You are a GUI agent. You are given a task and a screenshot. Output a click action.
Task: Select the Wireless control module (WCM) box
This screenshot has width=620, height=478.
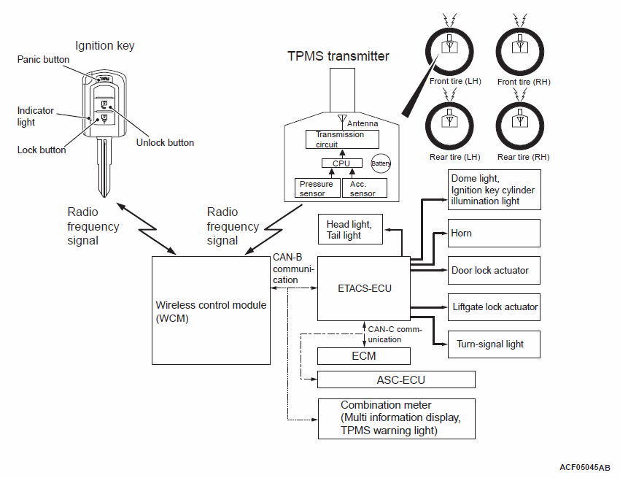coord(210,310)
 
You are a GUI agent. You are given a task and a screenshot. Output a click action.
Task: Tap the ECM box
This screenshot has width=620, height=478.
coord(363,356)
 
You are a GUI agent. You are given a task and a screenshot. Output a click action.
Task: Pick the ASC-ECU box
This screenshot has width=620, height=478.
coord(396,379)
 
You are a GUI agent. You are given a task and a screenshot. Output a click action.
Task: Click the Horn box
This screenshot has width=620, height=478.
coord(494,234)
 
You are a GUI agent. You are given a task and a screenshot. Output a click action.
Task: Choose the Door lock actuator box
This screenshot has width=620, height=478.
coord(494,271)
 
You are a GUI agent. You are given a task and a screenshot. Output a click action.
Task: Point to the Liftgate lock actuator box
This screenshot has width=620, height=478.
coord(494,307)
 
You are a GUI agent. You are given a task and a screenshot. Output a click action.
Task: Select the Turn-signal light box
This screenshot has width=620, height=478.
coord(494,344)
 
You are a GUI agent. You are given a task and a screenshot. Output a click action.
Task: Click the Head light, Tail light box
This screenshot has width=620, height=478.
coord(352,230)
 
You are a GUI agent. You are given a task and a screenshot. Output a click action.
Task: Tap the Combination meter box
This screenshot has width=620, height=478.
coord(396,418)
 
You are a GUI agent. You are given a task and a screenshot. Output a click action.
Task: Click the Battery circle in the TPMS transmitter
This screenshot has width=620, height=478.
coord(381,163)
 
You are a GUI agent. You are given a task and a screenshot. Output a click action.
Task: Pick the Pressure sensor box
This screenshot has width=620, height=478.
coord(317,188)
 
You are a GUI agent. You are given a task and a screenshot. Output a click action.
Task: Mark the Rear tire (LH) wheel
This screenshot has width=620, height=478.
coord(450,125)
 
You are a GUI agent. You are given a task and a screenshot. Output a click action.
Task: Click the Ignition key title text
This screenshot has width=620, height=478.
coord(105,46)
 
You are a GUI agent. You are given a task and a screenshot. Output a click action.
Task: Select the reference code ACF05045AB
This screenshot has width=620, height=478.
coord(585,466)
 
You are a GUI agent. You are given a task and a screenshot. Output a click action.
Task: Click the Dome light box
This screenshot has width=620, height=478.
coord(494,190)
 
